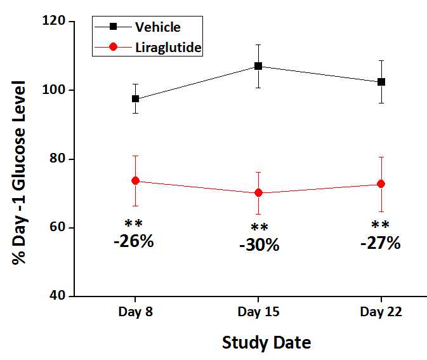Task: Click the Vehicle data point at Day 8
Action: point(135,99)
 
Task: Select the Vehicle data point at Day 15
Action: point(258,66)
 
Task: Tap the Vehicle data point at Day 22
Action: point(381,82)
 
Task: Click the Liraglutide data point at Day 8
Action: point(135,181)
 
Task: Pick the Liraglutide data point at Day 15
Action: point(258,192)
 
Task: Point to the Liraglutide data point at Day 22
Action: point(381,184)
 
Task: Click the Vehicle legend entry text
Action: point(157,27)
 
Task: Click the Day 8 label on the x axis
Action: point(135,312)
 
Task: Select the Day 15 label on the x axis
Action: point(258,312)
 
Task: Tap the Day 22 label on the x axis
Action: point(381,312)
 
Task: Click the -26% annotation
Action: point(133,242)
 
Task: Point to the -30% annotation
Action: point(259,246)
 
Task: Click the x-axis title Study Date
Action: point(266,343)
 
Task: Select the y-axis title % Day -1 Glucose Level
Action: point(19,173)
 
